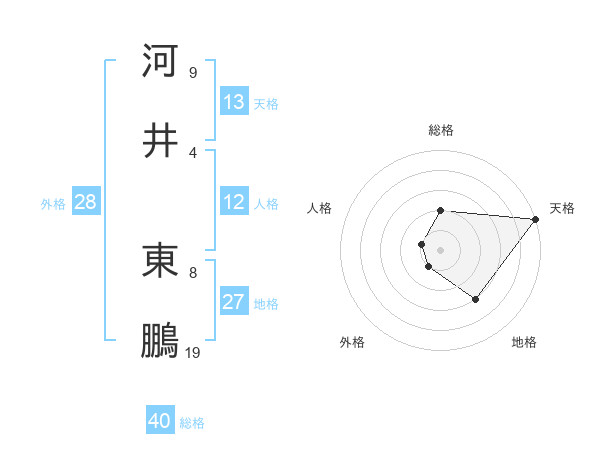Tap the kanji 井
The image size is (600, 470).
(x=160, y=140)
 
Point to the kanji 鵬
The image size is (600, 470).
(x=160, y=341)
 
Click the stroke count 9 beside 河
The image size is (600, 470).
(x=193, y=72)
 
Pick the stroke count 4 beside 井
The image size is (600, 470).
(x=193, y=152)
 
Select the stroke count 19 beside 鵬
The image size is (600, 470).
(x=193, y=353)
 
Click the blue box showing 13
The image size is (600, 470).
(x=234, y=101)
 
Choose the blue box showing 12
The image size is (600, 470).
(x=234, y=202)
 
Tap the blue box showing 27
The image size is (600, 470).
(x=234, y=302)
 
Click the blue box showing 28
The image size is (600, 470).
(x=86, y=202)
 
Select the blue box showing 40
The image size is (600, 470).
(x=160, y=421)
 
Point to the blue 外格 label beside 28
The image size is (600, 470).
(x=53, y=204)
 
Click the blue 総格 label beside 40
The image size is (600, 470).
(x=192, y=423)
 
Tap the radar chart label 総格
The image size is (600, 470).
(x=440, y=130)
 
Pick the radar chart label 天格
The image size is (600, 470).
(x=562, y=208)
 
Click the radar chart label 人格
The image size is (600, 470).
(x=320, y=208)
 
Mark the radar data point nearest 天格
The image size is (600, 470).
(x=536, y=219)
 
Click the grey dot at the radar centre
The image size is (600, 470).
(x=440, y=248)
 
